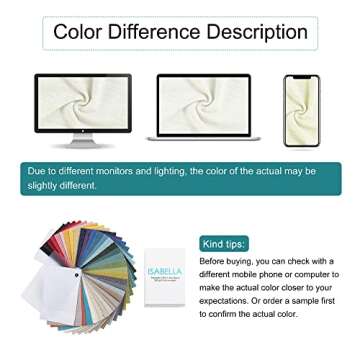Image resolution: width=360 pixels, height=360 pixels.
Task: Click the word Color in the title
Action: [80, 32]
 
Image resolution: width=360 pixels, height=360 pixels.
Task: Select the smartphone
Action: [301, 110]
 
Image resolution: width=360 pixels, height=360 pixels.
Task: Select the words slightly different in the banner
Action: [63, 185]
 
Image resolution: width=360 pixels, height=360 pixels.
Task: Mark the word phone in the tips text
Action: [284, 274]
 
